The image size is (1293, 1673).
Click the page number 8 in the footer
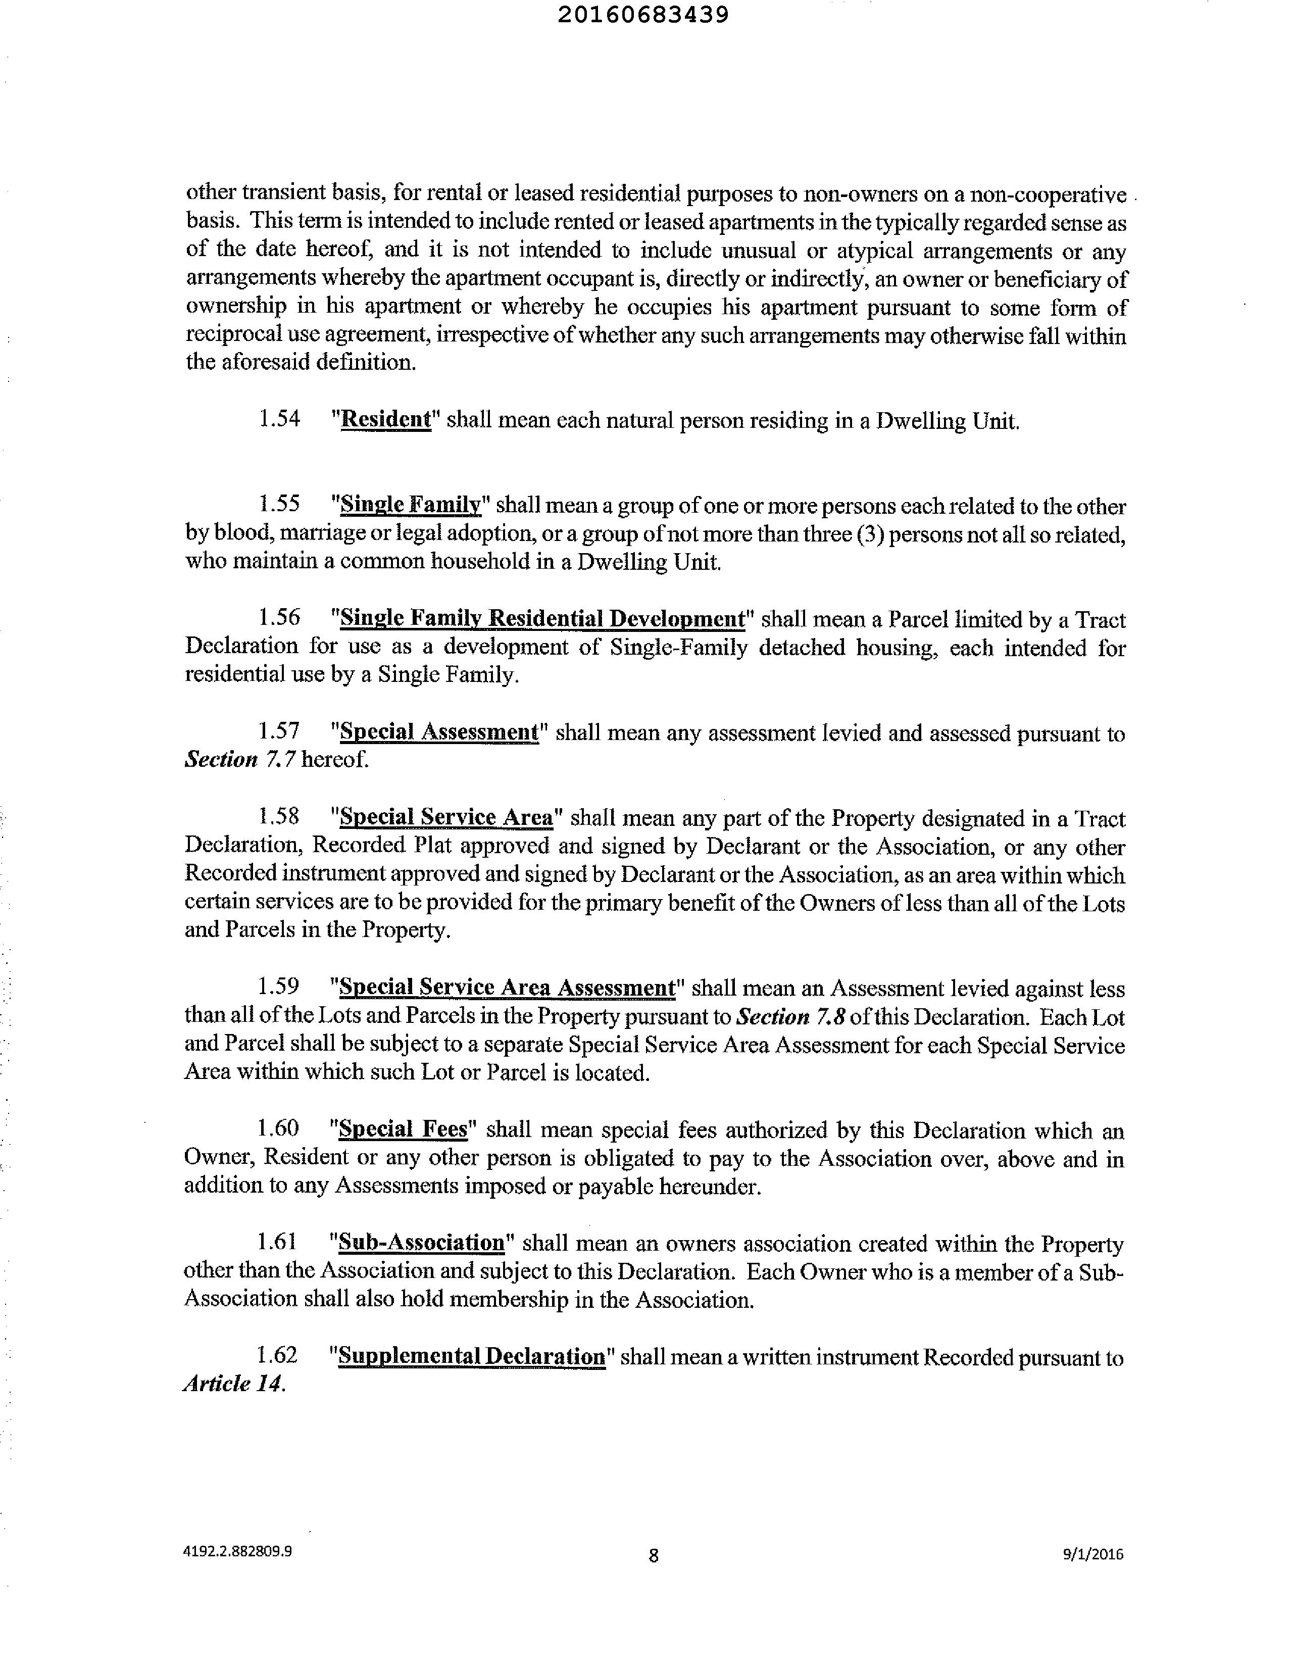(x=654, y=1555)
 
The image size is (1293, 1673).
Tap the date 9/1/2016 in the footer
(x=1092, y=1554)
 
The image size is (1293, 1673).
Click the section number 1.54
(x=280, y=419)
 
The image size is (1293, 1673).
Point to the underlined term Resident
(x=386, y=420)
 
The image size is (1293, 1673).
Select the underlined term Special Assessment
(x=439, y=732)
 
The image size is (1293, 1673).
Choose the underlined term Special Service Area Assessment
(x=507, y=988)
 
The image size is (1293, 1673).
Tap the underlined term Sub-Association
(x=421, y=1243)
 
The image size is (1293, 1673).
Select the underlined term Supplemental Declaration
(x=471, y=1356)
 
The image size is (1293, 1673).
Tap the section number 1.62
(x=276, y=1355)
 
